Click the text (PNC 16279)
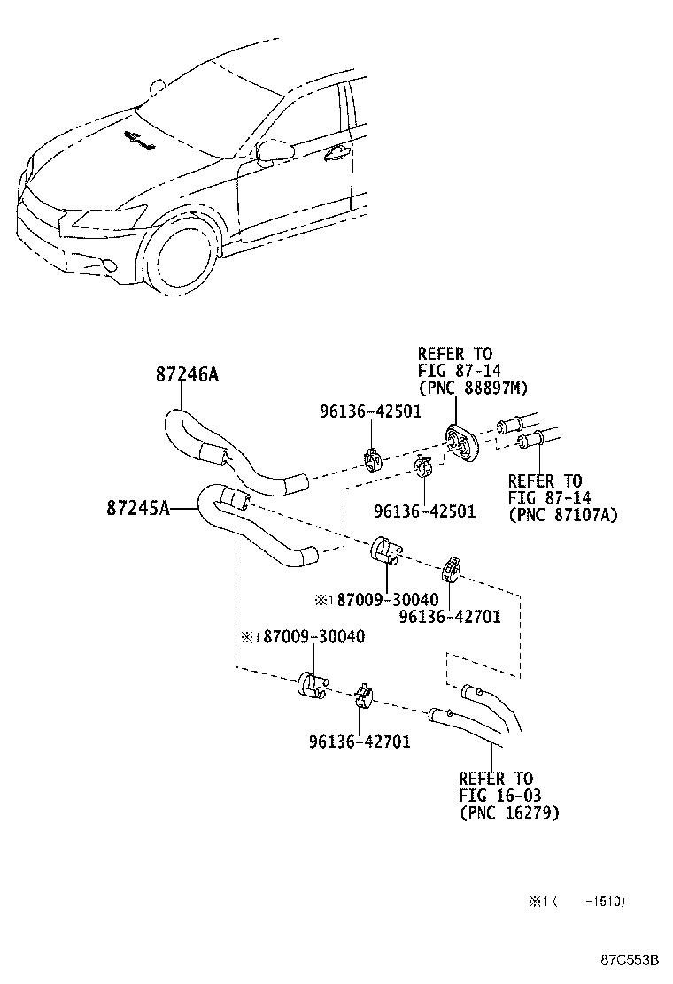tap(508, 811)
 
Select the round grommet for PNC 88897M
tap(460, 441)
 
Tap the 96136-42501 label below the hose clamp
tap(424, 511)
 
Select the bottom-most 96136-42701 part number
tap(359, 742)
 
